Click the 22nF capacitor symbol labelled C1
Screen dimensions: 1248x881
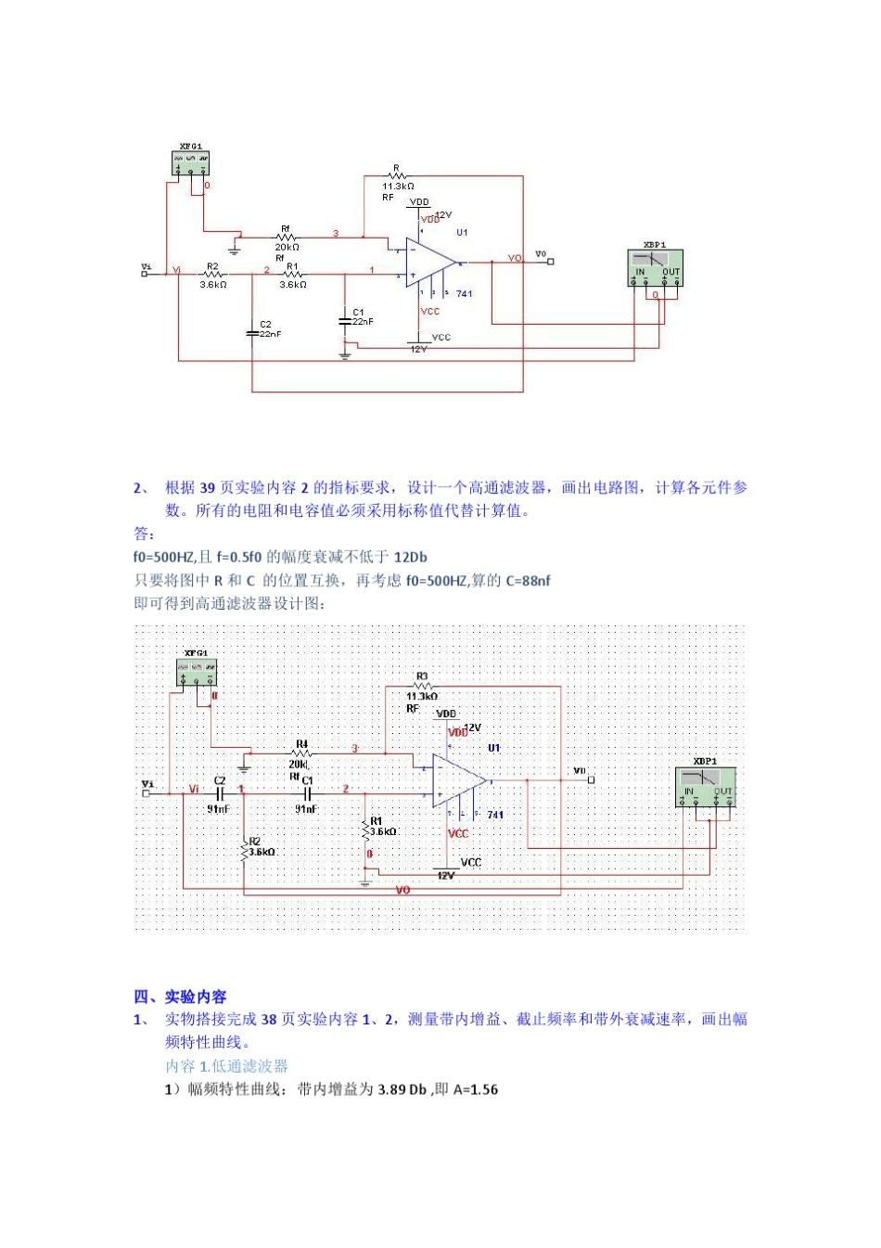pos(345,321)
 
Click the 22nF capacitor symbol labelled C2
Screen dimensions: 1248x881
pos(252,330)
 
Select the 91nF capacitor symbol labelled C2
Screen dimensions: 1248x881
pos(220,794)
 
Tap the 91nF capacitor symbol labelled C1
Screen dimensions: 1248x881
pos(307,794)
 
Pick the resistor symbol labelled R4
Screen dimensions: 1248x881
pos(301,753)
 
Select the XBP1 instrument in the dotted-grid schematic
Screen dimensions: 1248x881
pos(706,787)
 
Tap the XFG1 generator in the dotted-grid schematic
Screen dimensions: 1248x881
pos(197,673)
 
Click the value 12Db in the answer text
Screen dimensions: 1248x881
pos(410,558)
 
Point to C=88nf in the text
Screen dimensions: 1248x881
pos(528,581)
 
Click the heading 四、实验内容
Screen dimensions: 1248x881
pos(180,997)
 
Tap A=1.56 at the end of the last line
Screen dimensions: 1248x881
pos(475,1089)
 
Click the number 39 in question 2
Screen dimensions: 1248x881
pos(208,488)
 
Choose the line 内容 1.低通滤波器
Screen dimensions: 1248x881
pos(226,1066)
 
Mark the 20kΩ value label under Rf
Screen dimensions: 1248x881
pos(287,248)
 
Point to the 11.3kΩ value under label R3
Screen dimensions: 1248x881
pos(422,696)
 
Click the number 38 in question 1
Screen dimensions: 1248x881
pos(269,1020)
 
